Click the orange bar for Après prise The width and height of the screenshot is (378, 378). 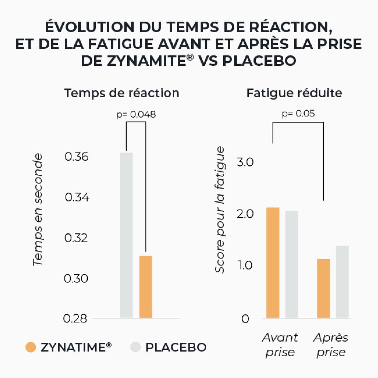323,288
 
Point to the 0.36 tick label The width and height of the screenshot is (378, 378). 76,157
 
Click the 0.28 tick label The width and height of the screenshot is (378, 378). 75,319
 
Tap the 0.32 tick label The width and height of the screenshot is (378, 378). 76,238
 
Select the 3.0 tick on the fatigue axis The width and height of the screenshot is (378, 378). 245,162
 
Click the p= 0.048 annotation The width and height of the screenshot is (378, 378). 136,115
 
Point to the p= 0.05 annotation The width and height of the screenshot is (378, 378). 298,114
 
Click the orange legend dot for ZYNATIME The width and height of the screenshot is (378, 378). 31,347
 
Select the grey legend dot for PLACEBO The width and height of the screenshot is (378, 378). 135,347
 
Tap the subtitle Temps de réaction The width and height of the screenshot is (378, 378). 122,93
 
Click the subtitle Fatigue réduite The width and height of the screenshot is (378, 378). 294,93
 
